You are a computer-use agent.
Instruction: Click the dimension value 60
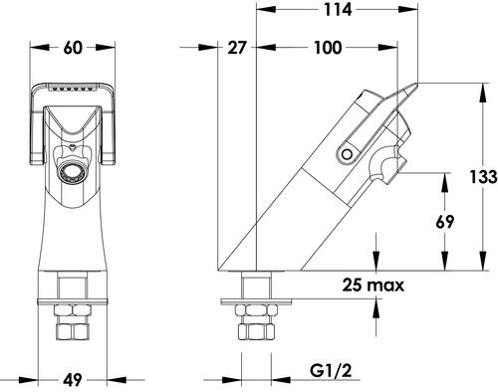73,48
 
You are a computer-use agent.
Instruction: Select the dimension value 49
73,380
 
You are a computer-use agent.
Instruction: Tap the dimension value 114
338,10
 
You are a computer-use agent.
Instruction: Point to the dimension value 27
237,48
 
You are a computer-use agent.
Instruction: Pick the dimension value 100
328,48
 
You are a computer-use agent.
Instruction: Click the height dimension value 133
483,176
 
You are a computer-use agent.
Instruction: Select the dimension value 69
444,222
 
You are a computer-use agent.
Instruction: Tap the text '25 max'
373,285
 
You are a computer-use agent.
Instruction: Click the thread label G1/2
331,370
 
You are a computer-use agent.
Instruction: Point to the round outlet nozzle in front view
70,173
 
